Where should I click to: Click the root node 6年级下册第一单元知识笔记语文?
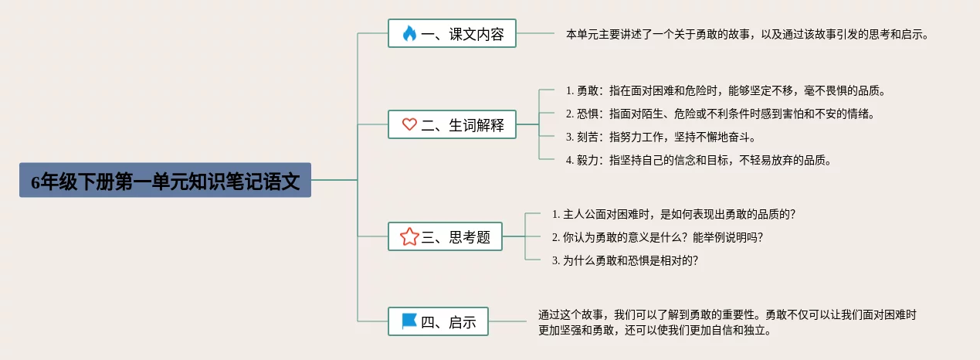click(165, 181)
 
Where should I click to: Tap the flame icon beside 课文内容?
click(409, 34)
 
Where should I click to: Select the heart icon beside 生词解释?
click(409, 124)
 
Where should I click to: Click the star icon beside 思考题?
click(409, 237)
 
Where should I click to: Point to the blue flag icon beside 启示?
click(409, 321)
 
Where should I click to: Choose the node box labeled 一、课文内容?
click(452, 34)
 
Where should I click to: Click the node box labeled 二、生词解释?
click(452, 124)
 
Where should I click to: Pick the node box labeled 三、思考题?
click(445, 237)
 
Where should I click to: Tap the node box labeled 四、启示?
click(438, 321)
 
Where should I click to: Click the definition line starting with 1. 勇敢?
click(725, 90)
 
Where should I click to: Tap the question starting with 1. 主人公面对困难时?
click(673, 214)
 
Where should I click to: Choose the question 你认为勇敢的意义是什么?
click(663, 237)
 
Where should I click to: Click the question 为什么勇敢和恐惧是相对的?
click(625, 260)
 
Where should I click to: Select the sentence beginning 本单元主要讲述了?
click(748, 34)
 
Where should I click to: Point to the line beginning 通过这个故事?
click(727, 314)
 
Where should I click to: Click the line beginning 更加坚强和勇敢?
click(655, 331)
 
